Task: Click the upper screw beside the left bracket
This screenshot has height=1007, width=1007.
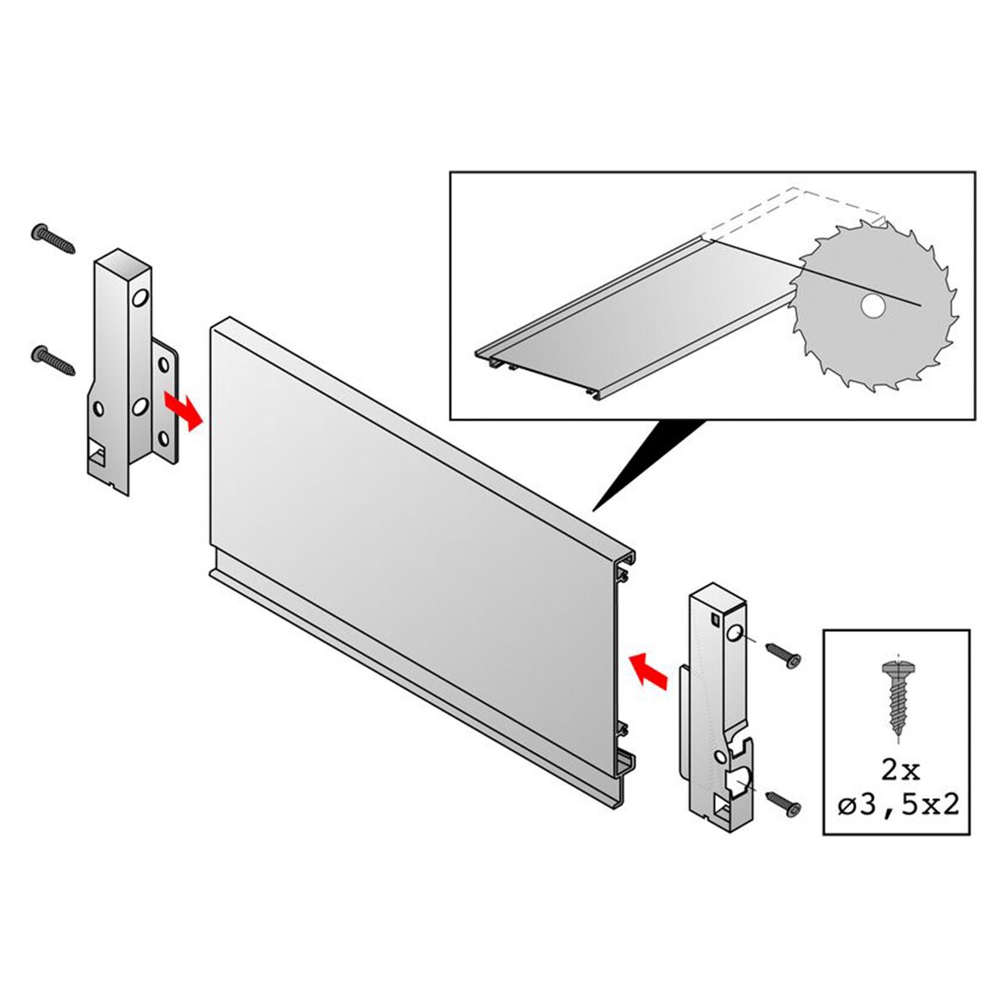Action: click(x=54, y=238)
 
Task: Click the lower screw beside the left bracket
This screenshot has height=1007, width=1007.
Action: click(x=54, y=359)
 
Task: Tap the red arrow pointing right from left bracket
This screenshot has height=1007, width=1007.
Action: click(x=183, y=410)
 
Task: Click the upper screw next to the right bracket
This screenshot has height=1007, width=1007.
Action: click(x=783, y=655)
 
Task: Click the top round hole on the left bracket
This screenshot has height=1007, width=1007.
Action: click(x=139, y=299)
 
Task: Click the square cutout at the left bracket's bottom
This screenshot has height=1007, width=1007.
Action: click(x=97, y=450)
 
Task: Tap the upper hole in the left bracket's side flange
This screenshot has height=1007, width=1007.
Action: click(x=164, y=363)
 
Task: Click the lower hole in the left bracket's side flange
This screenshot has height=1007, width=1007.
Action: click(x=164, y=438)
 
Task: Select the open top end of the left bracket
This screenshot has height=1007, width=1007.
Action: click(x=123, y=263)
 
